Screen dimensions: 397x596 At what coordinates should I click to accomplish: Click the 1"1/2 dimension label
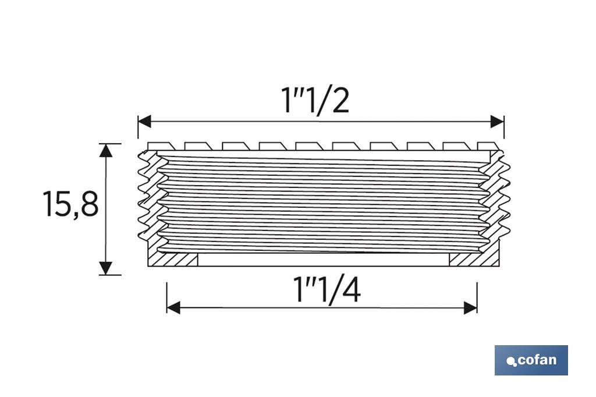point(316,101)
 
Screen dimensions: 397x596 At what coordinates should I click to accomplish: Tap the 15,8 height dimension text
point(70,205)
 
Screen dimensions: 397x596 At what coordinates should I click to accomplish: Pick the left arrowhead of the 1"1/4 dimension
point(173,307)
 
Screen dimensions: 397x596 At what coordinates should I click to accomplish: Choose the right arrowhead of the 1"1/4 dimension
point(471,307)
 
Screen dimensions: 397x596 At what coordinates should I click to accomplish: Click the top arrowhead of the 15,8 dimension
point(105,150)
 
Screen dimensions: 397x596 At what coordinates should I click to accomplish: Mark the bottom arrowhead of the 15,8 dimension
point(105,268)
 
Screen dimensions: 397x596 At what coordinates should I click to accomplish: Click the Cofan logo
point(531,360)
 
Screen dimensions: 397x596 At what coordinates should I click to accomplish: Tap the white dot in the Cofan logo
point(511,362)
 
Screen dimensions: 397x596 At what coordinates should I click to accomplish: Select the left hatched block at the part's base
point(173,259)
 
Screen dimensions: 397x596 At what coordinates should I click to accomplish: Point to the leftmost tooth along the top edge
point(157,146)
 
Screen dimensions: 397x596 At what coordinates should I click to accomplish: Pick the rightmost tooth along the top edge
point(488,146)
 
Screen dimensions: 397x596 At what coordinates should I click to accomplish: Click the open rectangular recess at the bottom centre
point(323,260)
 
